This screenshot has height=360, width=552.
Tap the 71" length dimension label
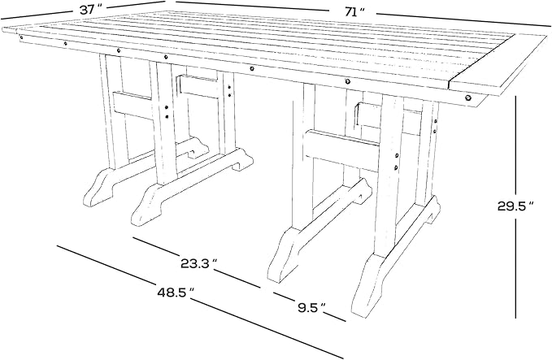[x=354, y=12]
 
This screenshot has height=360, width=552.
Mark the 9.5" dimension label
[x=311, y=308]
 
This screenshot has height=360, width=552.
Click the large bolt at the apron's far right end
[x=468, y=98]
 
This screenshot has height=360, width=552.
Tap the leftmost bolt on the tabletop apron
[x=21, y=37]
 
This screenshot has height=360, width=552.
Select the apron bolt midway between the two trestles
[x=251, y=68]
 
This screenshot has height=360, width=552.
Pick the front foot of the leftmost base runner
[x=98, y=188]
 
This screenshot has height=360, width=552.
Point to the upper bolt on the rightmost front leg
[x=397, y=155]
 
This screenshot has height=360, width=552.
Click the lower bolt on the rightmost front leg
[x=397, y=167]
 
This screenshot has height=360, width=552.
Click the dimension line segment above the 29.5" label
[x=515, y=145]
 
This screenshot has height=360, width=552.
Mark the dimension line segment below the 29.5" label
[x=515, y=268]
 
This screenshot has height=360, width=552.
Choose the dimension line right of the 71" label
[x=463, y=20]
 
